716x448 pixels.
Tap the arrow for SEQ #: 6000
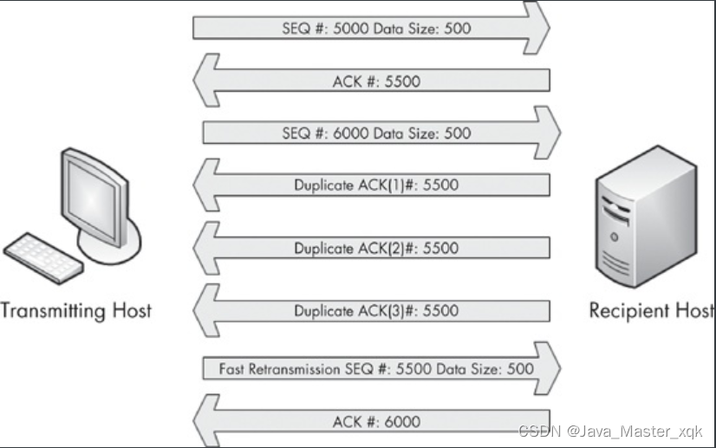376,133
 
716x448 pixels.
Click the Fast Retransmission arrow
376,368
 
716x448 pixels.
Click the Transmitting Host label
75,309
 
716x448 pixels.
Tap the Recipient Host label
653,309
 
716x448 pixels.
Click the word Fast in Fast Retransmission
232,368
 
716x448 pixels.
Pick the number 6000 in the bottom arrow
400,422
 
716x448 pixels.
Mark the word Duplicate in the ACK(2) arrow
323,249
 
